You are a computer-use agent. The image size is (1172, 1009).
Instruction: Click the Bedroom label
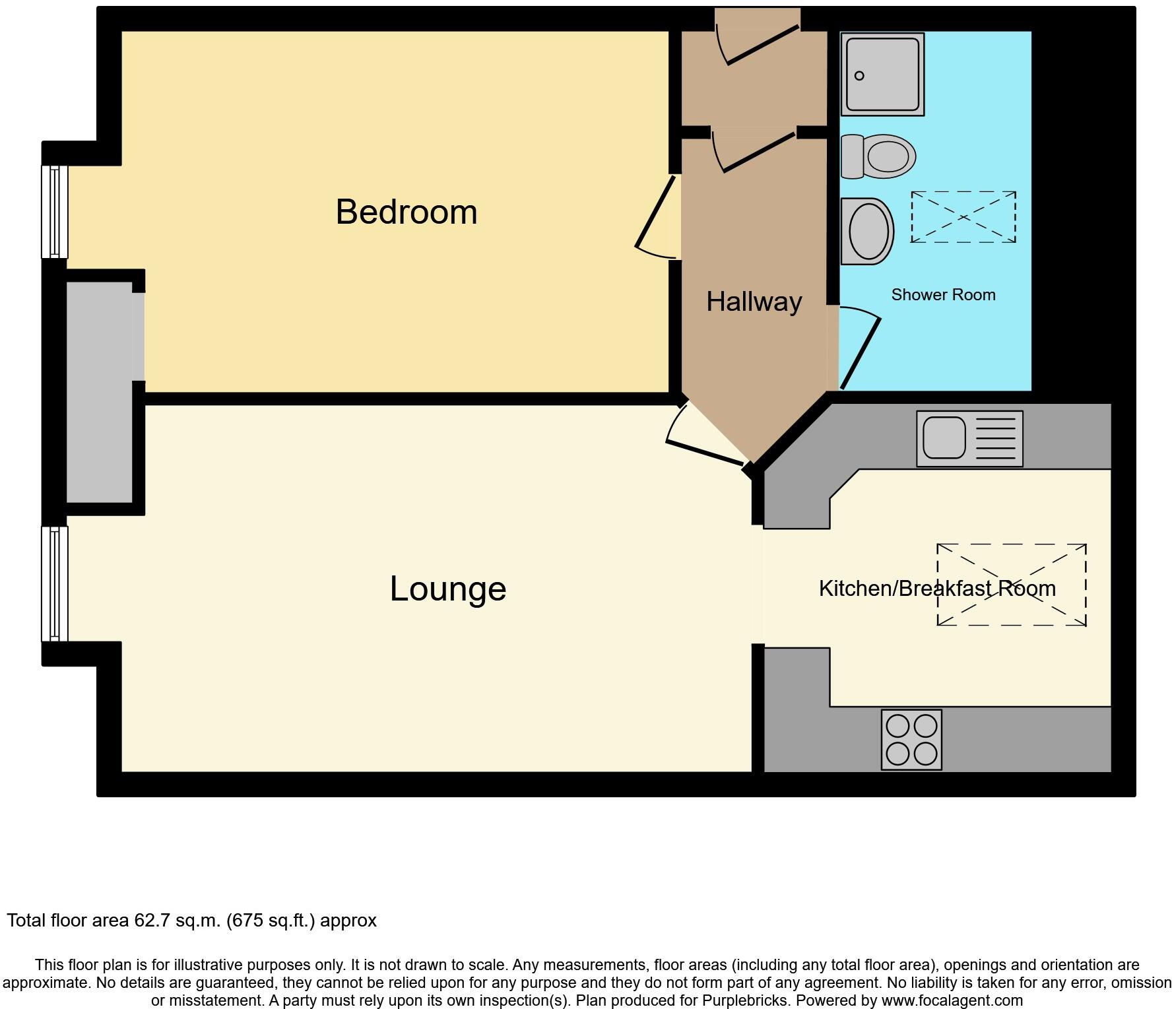tap(406, 212)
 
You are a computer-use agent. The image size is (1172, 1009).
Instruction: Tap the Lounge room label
tap(447, 588)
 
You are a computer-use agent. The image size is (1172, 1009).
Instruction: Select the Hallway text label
tap(754, 302)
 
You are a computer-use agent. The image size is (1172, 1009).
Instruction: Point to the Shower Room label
tap(942, 295)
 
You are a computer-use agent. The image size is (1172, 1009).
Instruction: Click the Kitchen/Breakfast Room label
tap(936, 588)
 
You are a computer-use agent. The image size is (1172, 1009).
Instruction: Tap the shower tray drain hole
tap(859, 76)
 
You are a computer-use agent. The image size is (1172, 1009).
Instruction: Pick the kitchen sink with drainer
tap(969, 439)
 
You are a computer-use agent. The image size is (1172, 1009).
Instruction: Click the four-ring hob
tap(911, 739)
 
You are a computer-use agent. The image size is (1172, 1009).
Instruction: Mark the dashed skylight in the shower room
tap(963, 217)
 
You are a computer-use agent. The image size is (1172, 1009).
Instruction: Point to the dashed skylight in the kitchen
tap(1011, 584)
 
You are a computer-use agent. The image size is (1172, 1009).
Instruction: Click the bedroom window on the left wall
tap(55, 211)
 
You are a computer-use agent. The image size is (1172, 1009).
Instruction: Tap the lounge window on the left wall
tap(55, 583)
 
